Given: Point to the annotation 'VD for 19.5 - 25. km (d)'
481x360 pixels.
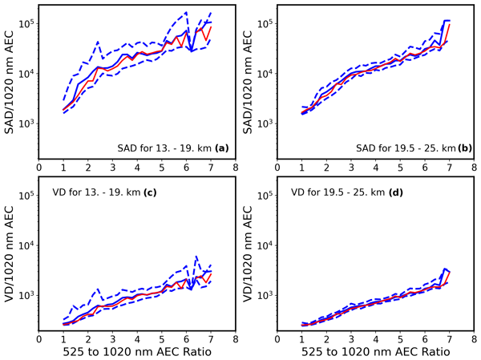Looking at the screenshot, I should (x=337, y=192).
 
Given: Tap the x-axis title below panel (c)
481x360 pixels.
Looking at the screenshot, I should (x=137, y=351).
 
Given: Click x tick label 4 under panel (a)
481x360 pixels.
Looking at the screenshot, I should (x=137, y=168).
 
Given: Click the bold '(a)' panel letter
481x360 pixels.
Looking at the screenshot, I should (x=221, y=148).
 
